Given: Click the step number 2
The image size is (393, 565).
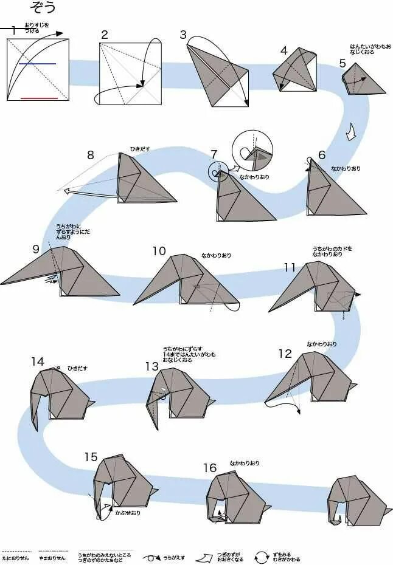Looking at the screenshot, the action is pyautogui.click(x=104, y=35).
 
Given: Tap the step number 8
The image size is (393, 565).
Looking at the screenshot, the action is pyautogui.click(x=90, y=154).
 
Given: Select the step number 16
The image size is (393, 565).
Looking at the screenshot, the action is pyautogui.click(x=210, y=467).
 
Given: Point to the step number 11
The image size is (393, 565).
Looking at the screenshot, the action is pyautogui.click(x=290, y=267).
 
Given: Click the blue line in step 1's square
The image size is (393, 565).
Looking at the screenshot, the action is pyautogui.click(x=37, y=63).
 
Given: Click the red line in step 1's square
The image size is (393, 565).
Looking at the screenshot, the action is pyautogui.click(x=39, y=98).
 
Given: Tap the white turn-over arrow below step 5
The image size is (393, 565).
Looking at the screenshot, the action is pyautogui.click(x=351, y=131).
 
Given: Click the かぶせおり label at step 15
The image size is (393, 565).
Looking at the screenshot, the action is pyautogui.click(x=128, y=513).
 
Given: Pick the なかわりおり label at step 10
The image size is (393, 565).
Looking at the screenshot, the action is pyautogui.click(x=217, y=255).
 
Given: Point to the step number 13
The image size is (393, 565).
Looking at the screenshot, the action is pyautogui.click(x=151, y=366).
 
